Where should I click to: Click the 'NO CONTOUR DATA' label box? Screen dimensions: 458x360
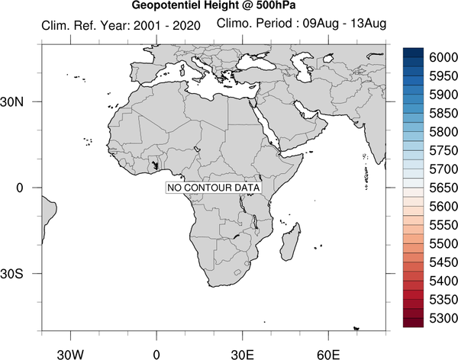pos(213,188)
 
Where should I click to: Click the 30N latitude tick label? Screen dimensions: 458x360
pos(11,102)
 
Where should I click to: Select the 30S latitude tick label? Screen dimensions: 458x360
pos(11,274)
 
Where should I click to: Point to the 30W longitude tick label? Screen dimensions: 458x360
pos(70,355)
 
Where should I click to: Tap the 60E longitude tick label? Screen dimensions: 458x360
pos(328,355)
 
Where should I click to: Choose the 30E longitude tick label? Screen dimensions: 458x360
pos(243,355)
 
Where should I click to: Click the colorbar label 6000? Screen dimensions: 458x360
pos(443,57)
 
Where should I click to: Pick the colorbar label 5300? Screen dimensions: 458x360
pos(443,318)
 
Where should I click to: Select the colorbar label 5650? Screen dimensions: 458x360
pos(443,188)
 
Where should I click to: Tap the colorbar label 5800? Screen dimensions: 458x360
pos(443,132)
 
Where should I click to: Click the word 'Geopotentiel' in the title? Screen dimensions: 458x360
pos(166,5)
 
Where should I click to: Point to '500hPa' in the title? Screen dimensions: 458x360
pos(276,5)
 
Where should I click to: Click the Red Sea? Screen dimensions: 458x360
pos(265,126)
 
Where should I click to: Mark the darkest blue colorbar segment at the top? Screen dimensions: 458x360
pos(413,53)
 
